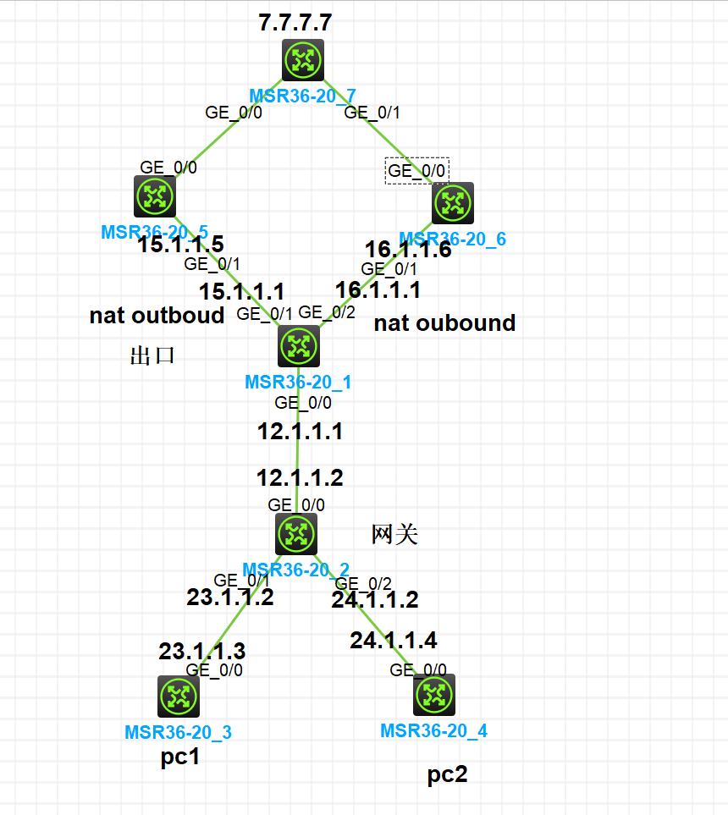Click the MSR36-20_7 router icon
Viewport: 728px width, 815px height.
[x=303, y=60]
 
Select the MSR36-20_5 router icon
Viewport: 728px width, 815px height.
[x=154, y=195]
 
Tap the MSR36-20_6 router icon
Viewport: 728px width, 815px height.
[x=453, y=203]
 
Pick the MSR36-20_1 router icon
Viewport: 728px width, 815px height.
[x=299, y=345]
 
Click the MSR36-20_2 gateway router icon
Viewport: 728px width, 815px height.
[x=296, y=533]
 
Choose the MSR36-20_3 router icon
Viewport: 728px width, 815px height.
[x=178, y=696]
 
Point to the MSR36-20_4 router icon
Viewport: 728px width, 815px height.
[x=434, y=695]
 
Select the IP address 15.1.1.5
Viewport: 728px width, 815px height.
[x=181, y=245]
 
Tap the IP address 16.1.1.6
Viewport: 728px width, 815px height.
[x=408, y=250]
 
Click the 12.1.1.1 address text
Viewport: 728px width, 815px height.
[x=300, y=432]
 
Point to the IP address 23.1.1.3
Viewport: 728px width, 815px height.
[x=202, y=651]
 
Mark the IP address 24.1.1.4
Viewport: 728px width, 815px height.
[x=394, y=640]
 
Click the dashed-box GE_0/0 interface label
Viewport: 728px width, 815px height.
[x=416, y=170]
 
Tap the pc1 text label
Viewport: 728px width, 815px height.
[x=179, y=757]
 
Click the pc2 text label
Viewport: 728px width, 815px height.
[x=447, y=774]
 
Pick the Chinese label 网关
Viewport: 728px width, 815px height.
[x=394, y=534]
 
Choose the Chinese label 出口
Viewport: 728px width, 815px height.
[x=152, y=355]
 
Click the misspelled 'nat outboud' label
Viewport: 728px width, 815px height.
[x=157, y=316]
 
